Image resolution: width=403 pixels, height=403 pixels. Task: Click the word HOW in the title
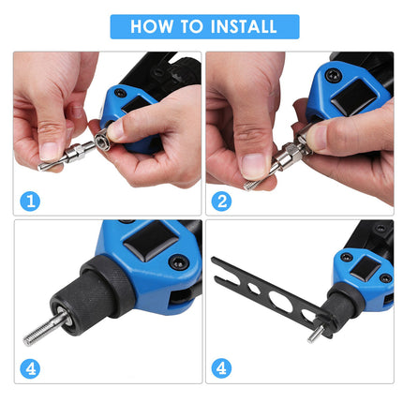(x=152, y=26)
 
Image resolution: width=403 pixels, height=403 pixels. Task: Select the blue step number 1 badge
(x=33, y=200)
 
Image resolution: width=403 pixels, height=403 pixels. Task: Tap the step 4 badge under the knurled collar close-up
(x=33, y=366)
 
